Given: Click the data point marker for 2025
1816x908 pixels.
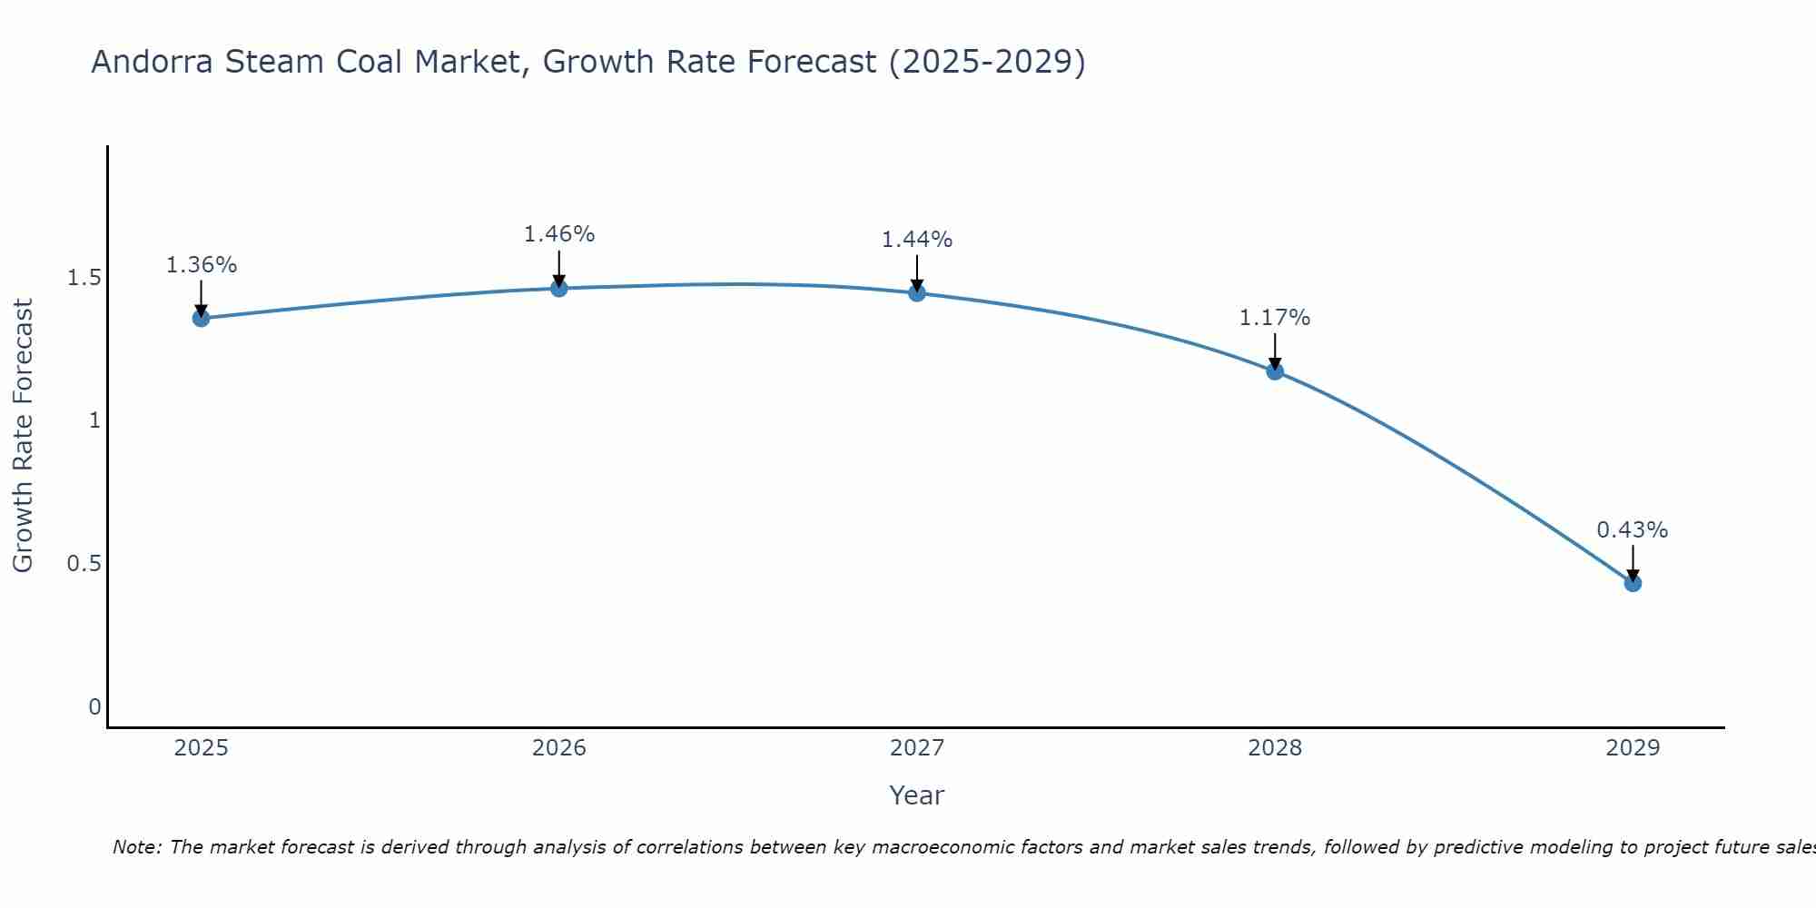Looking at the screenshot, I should (201, 318).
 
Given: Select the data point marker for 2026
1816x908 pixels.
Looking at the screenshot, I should (559, 288).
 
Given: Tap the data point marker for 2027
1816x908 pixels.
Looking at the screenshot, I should (917, 292).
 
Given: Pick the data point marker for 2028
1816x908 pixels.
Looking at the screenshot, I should (1275, 370).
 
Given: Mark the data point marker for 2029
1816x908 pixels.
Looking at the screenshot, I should (1633, 583).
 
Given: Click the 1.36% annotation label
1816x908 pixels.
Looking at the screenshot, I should (201, 265).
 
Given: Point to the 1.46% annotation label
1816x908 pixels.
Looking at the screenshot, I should (559, 234).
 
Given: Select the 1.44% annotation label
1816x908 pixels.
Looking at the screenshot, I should (917, 240).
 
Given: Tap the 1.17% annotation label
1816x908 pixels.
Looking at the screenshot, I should (1275, 318).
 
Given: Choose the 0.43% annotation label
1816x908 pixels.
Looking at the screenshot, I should (1633, 530).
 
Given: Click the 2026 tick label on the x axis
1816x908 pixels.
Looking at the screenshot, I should (559, 748).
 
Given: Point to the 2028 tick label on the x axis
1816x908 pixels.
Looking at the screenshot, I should (1275, 748).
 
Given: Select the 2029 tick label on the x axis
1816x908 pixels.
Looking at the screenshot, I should (1633, 748).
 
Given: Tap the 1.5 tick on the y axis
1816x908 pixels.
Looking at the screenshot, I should (84, 278).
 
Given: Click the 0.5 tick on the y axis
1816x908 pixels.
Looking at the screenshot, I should (84, 564).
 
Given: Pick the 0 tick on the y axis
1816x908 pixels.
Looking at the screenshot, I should (94, 707).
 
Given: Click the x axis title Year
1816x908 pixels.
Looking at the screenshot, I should (917, 795).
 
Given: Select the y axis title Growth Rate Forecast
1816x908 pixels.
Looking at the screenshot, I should (24, 436).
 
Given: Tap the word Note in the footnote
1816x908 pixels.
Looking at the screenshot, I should (135, 847).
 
